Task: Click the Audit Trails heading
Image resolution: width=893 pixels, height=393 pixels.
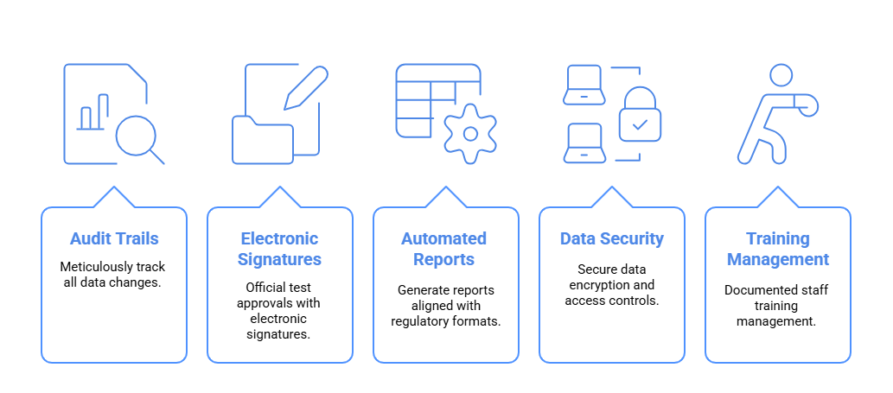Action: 113,238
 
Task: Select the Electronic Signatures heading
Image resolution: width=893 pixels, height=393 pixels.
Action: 279,249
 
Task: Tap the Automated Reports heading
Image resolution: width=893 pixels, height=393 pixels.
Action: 445,249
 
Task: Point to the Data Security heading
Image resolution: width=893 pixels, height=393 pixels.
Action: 611,238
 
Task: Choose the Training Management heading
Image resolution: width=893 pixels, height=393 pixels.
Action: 777,249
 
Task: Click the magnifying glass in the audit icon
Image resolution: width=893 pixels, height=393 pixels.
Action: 137,135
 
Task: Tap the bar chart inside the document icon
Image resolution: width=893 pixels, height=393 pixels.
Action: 93,112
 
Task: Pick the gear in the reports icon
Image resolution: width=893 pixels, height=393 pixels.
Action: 470,134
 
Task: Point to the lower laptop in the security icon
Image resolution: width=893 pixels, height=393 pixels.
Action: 584,143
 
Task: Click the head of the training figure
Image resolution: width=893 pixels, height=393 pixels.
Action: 781,75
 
